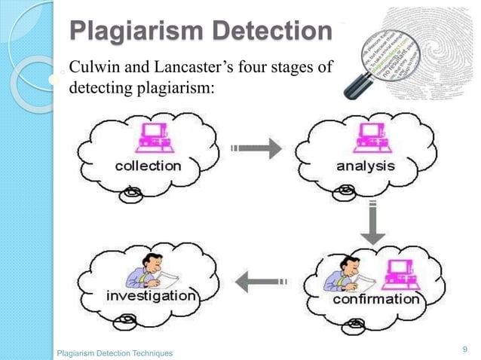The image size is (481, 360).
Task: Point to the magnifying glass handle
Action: (354, 85)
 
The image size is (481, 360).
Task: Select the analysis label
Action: (365, 166)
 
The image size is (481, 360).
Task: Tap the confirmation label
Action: (376, 299)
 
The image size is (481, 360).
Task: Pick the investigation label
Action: (151, 296)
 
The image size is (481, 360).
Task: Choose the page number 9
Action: (464, 348)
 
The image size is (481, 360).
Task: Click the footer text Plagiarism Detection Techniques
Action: (115, 352)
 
